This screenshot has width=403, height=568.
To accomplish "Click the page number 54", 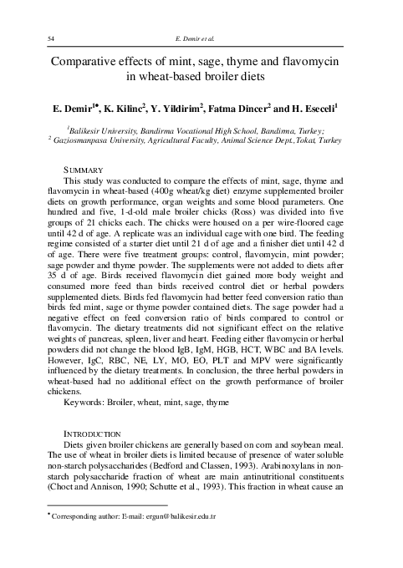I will (51, 39).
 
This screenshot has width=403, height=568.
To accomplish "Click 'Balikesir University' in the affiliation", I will (115, 132).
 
